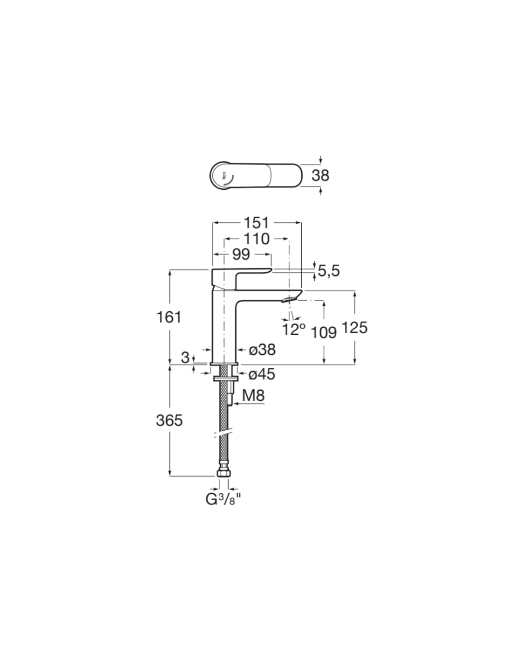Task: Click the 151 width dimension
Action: [x=256, y=223]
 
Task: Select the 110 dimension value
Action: [x=256, y=239]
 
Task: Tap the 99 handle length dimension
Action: [x=241, y=255]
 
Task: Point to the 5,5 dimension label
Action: [x=329, y=270]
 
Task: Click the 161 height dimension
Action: [x=169, y=317]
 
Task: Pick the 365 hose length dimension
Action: [x=169, y=420]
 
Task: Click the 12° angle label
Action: [x=293, y=329]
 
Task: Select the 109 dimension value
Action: [x=324, y=333]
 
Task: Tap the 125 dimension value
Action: [x=354, y=328]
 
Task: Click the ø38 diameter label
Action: [x=262, y=350]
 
